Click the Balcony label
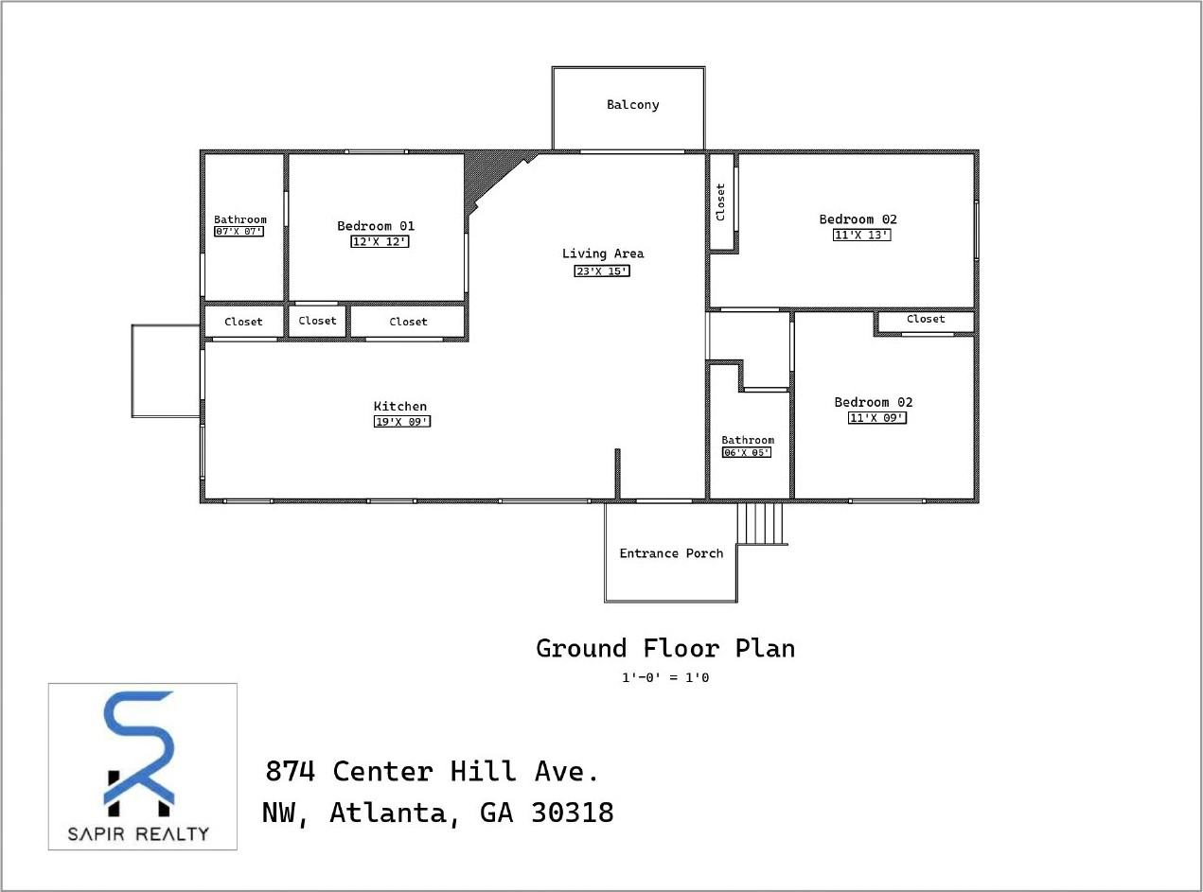[x=632, y=105]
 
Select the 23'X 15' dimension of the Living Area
[x=602, y=271]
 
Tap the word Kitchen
[x=400, y=407]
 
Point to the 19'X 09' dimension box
[x=401, y=422]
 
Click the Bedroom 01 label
[x=376, y=226]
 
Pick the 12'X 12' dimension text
[x=380, y=241]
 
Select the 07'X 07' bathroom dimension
[x=239, y=231]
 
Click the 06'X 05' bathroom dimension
[x=747, y=453]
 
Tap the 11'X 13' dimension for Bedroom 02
[x=861, y=236]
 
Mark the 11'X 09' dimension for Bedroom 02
[x=876, y=417]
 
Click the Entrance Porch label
[x=671, y=553]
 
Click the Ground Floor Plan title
[x=665, y=649]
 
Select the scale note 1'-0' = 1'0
[x=664, y=677]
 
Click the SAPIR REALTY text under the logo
[x=138, y=833]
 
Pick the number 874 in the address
[x=290, y=772]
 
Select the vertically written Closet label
[x=721, y=201]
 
